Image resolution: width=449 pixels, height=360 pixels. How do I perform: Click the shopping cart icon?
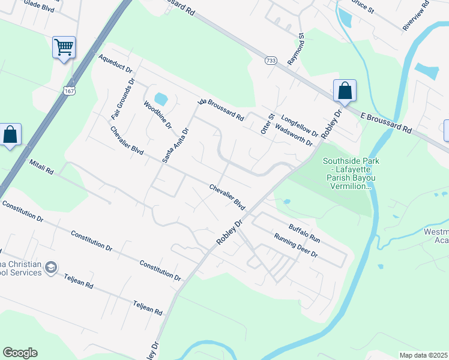[64, 47]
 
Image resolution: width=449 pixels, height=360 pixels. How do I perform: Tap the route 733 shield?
[271, 61]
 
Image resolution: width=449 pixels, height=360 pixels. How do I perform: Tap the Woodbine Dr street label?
[157, 115]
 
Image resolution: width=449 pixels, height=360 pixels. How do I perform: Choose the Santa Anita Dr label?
[176, 145]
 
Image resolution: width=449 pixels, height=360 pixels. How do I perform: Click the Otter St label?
[267, 124]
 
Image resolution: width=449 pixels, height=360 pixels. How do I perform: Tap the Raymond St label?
[296, 50]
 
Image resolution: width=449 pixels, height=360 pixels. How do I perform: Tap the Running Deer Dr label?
[295, 245]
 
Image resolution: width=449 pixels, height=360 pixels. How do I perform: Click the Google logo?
[20, 353]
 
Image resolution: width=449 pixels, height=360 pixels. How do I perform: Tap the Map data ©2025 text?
[423, 355]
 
